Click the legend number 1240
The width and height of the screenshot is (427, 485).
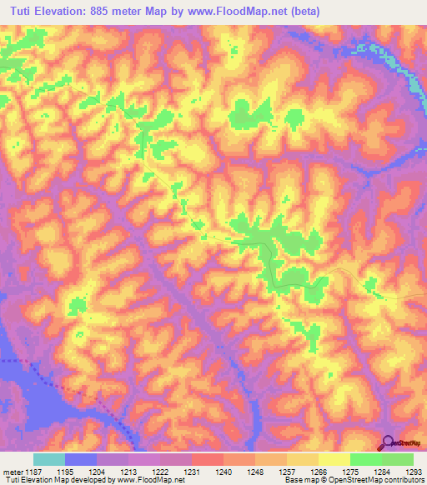click(224, 472)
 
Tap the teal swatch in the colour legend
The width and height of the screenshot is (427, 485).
click(49, 459)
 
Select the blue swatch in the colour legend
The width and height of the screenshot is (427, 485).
click(81, 459)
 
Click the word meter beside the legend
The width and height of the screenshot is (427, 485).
click(10, 472)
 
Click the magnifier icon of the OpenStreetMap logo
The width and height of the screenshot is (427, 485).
click(387, 444)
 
